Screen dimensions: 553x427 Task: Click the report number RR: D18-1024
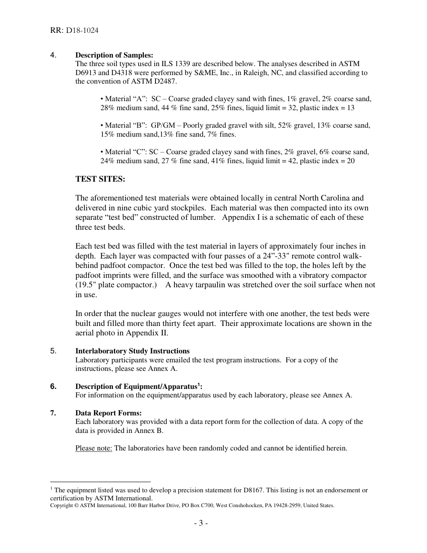tap(74, 31)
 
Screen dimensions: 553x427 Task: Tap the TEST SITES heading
tap(100, 179)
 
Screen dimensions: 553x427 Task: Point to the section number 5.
tap(53, 351)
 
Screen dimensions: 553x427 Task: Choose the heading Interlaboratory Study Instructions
tap(132, 351)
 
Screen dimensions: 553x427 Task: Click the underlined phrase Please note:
tap(93, 448)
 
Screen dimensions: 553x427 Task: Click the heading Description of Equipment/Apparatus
tap(136, 387)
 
